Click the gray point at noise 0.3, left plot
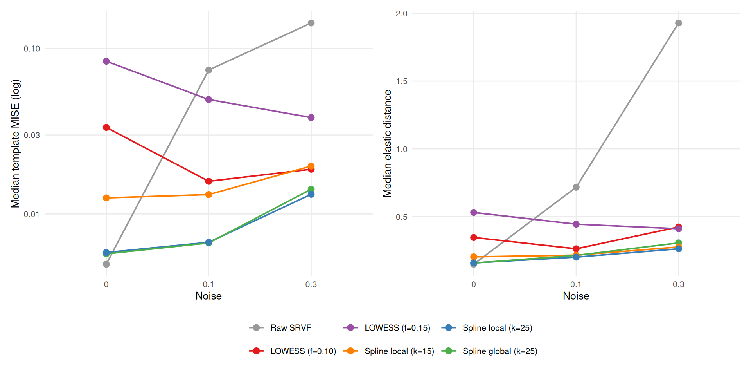pos(311,23)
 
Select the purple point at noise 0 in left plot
pos(106,61)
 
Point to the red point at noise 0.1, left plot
pos(208,181)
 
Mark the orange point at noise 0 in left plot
pos(106,198)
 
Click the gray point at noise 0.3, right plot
pos(679,23)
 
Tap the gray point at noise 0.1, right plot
pos(576,187)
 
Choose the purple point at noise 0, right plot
pos(474,212)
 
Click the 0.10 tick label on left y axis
pos(32,49)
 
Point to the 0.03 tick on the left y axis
pos(32,135)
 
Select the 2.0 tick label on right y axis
pos(401,14)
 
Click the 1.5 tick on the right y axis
pos(401,81)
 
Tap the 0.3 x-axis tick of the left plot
pos(311,284)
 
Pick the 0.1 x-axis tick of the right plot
pos(576,284)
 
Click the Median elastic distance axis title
pos(387,143)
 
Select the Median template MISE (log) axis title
pos(15,143)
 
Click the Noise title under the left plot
pos(208,296)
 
